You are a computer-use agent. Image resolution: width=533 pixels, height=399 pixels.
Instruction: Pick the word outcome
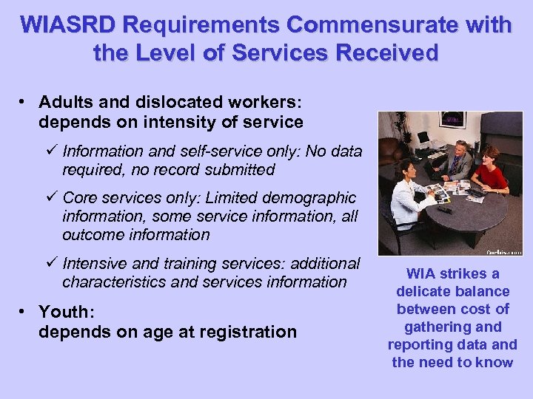93,234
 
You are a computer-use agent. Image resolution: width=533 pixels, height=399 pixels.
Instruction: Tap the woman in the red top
489,172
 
